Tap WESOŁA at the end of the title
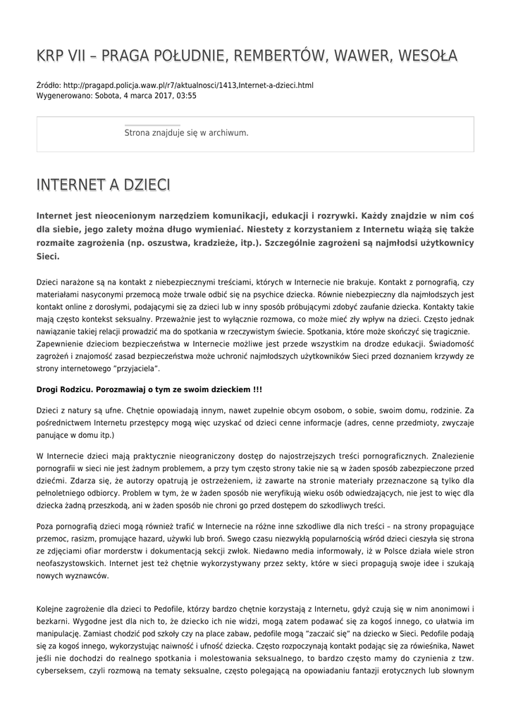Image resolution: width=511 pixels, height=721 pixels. click(x=426, y=56)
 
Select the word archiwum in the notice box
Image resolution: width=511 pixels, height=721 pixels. click(x=227, y=132)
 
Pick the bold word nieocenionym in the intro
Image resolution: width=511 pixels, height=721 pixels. click(x=125, y=215)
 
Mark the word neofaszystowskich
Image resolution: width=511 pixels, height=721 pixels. click(x=70, y=563)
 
